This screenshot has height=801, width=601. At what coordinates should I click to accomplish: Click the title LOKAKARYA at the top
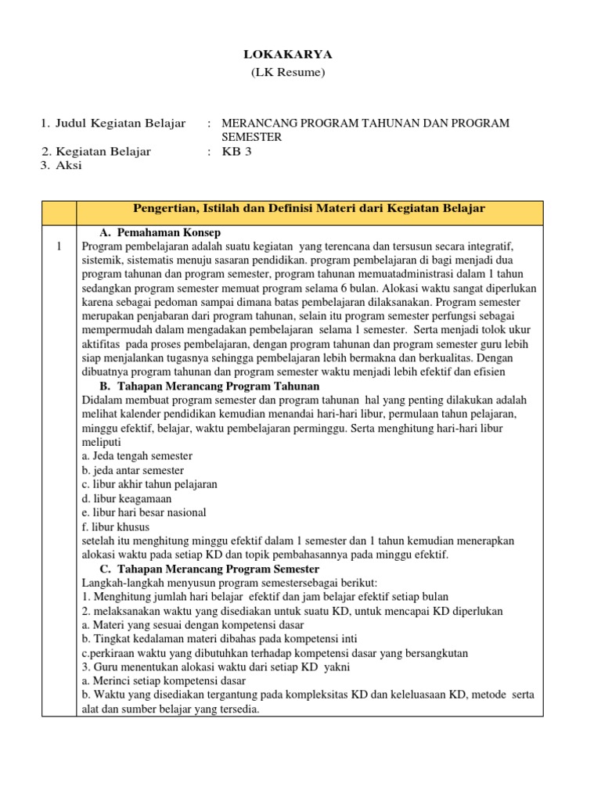pos(287,54)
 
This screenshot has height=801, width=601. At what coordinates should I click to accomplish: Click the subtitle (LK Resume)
pos(287,73)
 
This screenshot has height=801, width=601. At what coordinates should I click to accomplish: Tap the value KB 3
pos(237,152)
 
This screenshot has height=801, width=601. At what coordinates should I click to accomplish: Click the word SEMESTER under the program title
pos(252,137)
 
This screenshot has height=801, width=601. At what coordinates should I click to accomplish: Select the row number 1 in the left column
pos(59,246)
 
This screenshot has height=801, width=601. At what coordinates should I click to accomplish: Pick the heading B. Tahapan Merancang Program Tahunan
pos(209,386)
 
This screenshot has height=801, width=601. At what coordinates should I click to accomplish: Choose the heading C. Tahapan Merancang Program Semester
pos(209,569)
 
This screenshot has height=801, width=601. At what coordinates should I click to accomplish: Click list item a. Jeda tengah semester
pos(137,456)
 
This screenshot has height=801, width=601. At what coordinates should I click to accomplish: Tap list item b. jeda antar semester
pos(133,470)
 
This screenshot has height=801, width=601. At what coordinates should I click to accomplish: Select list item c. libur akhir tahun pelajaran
pos(149,484)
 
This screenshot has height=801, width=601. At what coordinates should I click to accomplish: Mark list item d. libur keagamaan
pos(127,498)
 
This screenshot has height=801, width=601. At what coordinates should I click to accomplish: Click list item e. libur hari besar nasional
pos(144,512)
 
